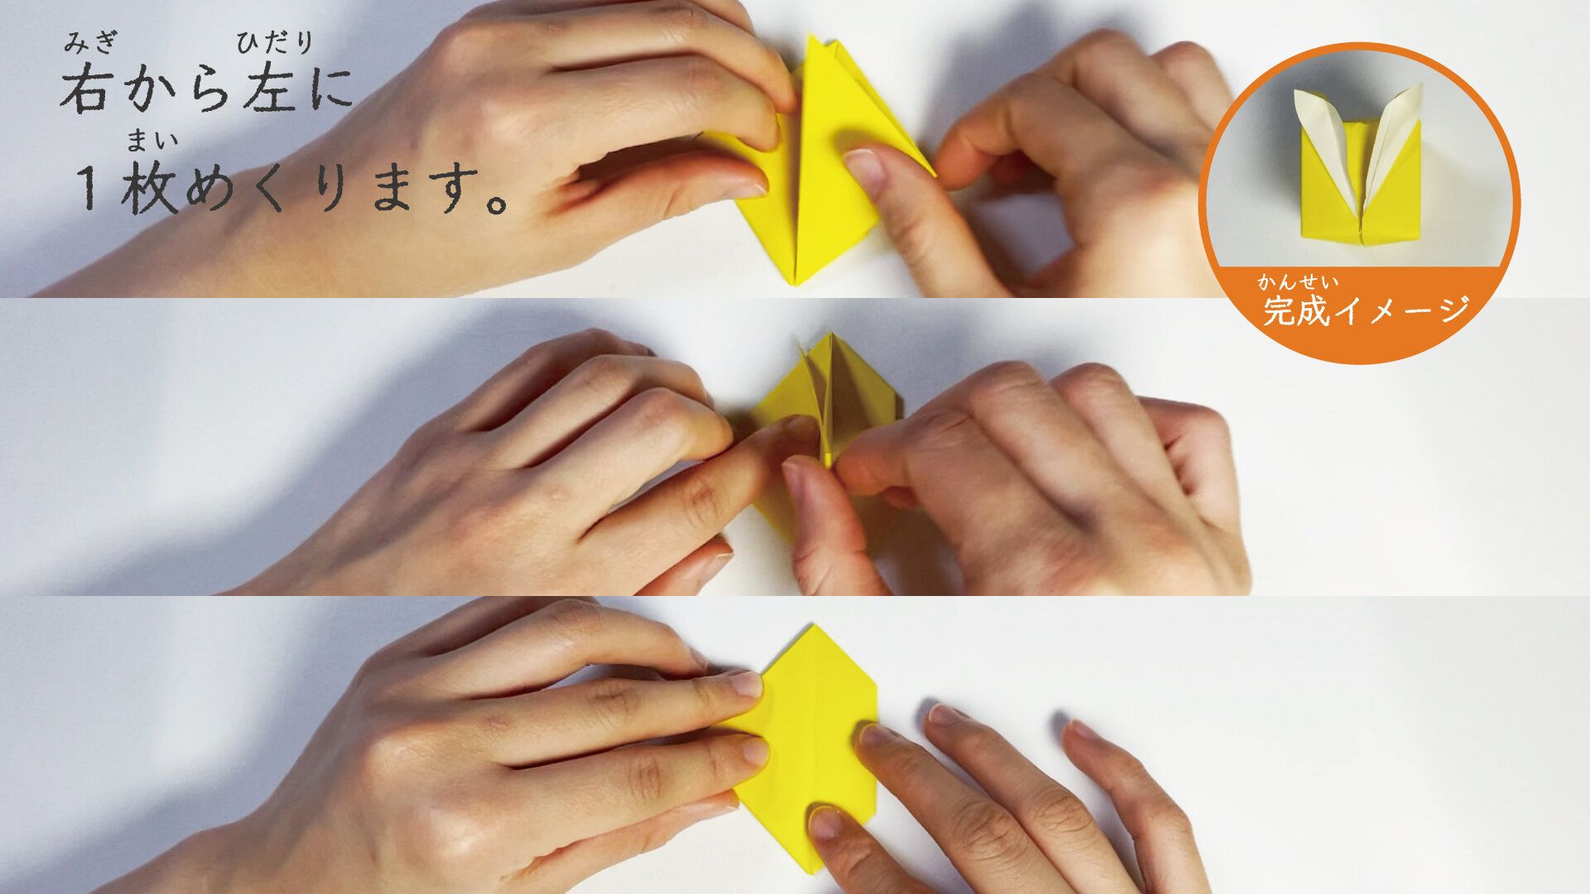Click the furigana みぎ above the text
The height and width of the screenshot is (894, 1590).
[x=92, y=42]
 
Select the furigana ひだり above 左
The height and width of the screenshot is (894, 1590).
[x=275, y=42]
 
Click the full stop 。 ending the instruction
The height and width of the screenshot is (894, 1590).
[x=495, y=201]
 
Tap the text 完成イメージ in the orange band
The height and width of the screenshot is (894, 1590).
[x=1366, y=310]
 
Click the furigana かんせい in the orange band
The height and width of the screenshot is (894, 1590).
[x=1298, y=282]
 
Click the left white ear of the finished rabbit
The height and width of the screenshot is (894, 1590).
[x=1323, y=141]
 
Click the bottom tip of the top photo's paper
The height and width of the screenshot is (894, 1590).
[x=797, y=284]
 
